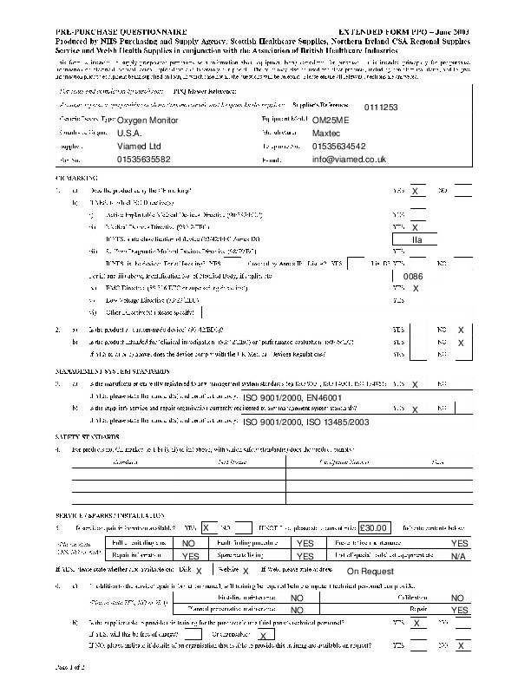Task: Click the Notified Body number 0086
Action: point(414,275)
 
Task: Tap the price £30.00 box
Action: point(376,527)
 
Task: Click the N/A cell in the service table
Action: point(459,556)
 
